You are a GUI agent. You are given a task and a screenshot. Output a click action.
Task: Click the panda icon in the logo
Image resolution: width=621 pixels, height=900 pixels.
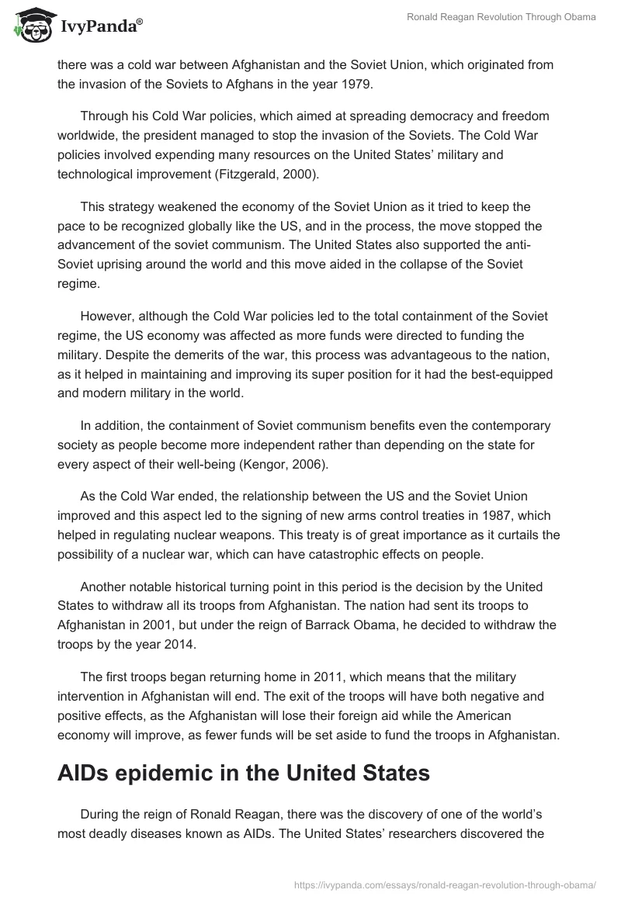[x=32, y=26]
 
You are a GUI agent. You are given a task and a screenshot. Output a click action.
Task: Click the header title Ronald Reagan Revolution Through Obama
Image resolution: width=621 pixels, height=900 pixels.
[x=501, y=18]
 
